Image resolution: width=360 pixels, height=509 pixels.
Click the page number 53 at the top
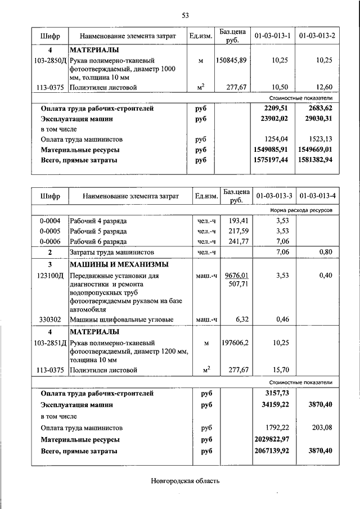tap(185, 15)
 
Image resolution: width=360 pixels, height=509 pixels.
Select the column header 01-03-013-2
tap(317, 36)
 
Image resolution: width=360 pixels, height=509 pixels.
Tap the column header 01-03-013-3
tap(274, 196)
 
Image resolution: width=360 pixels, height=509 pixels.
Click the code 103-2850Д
tap(49, 60)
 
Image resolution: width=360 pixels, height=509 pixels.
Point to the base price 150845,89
tap(231, 60)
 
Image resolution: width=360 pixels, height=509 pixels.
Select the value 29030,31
tap(319, 119)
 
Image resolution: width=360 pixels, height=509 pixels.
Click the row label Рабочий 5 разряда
tap(98, 231)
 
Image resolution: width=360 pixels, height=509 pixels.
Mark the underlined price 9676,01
tap(236, 276)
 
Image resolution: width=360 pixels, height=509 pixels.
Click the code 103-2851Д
tap(49, 342)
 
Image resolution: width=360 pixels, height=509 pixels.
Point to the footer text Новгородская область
tap(185, 480)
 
